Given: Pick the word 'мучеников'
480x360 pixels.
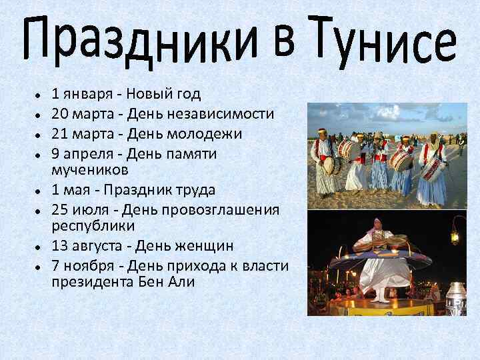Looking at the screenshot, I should point(89,169).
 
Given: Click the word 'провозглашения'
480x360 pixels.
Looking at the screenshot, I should point(228,209).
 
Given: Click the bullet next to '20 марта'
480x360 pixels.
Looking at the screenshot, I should point(40,115).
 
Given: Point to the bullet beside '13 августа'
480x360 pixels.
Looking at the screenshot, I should point(40,246).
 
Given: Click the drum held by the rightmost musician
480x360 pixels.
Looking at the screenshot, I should point(433,169).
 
